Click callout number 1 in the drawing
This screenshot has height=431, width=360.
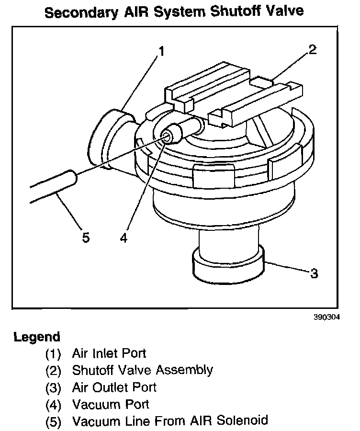(162, 51)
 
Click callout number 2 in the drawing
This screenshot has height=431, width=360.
(312, 50)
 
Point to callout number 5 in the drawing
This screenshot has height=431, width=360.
(86, 238)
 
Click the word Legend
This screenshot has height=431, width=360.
(37, 337)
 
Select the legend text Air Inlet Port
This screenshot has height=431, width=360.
(109, 353)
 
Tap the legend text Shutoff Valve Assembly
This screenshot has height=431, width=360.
(142, 370)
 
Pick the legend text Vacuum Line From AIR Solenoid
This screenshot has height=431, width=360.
(169, 421)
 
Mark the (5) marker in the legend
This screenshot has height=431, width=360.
(53, 421)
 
